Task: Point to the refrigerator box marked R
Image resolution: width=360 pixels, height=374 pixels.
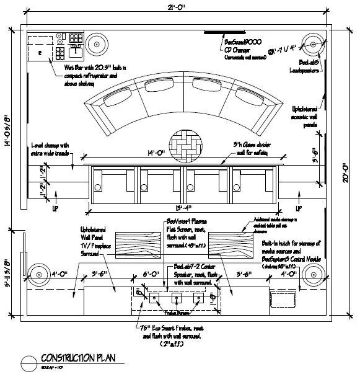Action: (x=39, y=53)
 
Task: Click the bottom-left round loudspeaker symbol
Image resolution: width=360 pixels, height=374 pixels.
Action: (x=38, y=274)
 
